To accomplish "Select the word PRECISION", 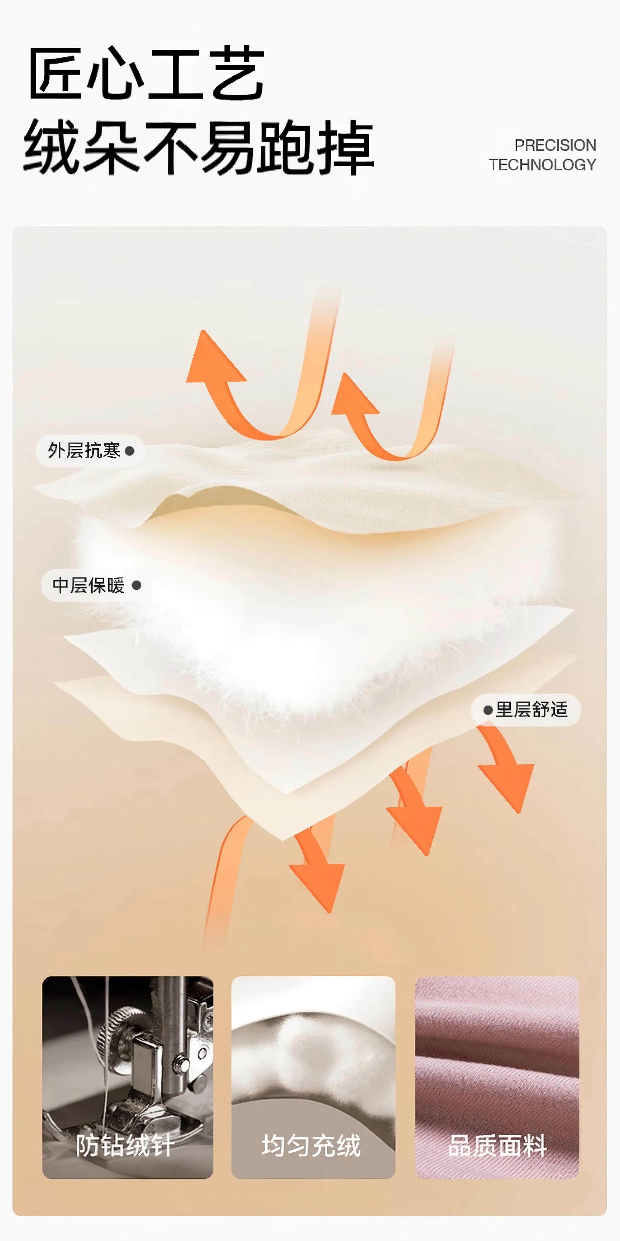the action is pyautogui.click(x=555, y=145).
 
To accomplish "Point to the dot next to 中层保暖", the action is pyautogui.click(x=137, y=585).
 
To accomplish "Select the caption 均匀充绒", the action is pyautogui.click(x=311, y=1146).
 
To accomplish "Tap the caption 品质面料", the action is pyautogui.click(x=497, y=1146).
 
